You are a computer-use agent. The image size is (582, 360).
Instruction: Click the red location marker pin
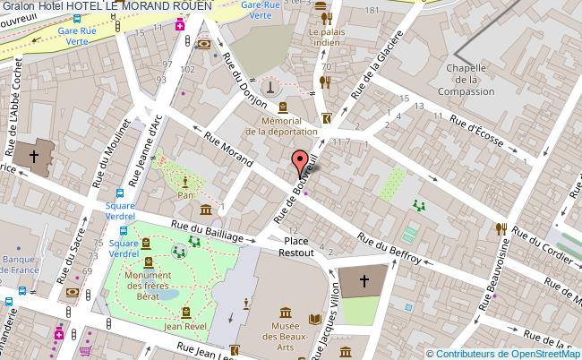[297, 164]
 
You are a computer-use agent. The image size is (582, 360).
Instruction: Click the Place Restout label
[296, 248]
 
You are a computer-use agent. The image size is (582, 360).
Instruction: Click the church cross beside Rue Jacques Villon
[364, 280]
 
